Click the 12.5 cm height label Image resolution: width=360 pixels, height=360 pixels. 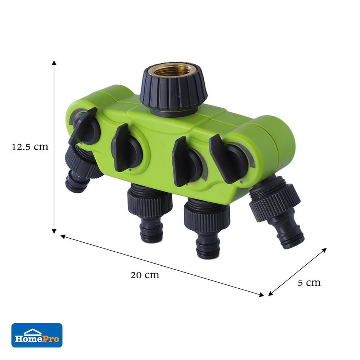click(x=30, y=147)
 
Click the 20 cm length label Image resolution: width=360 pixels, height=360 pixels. click(x=145, y=275)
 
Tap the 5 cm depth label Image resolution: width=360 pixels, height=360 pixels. click(x=309, y=283)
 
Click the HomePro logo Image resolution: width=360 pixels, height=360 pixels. click(x=37, y=335)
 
